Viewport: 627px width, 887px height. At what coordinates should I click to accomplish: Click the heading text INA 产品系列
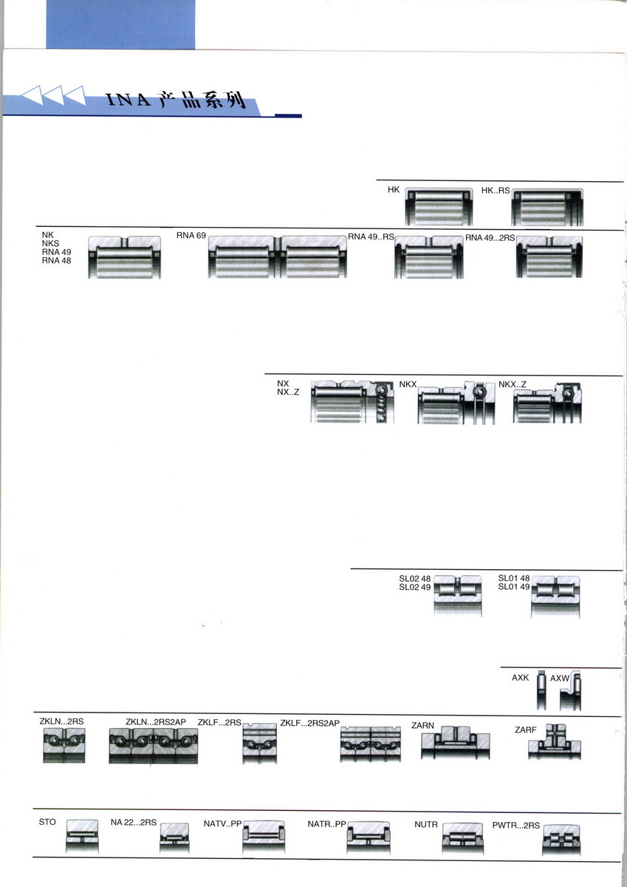176,101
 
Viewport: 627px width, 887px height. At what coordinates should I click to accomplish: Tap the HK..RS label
496,191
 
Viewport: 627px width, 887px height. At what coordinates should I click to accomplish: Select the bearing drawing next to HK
439,206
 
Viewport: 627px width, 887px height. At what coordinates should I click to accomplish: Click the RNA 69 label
191,235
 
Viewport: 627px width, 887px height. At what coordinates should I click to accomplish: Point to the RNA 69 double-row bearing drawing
277,256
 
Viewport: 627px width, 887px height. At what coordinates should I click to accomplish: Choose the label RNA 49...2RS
490,237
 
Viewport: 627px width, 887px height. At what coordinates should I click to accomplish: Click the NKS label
50,243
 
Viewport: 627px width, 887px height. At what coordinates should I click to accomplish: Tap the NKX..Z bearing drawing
547,403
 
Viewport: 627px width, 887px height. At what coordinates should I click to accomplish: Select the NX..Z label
288,392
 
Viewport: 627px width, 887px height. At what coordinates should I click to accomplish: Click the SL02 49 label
414,587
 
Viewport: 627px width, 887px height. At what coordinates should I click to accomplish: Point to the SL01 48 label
513,578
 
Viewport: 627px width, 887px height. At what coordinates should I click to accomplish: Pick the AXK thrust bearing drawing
541,690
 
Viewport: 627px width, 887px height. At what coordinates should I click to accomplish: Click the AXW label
559,679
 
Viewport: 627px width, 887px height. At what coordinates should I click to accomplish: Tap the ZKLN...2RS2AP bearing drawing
154,746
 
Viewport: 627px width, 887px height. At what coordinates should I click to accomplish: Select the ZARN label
422,725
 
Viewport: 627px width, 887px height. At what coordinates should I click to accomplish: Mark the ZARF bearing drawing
555,741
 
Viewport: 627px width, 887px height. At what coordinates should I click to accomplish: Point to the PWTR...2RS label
515,826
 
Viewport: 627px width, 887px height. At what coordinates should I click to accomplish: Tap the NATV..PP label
222,824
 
